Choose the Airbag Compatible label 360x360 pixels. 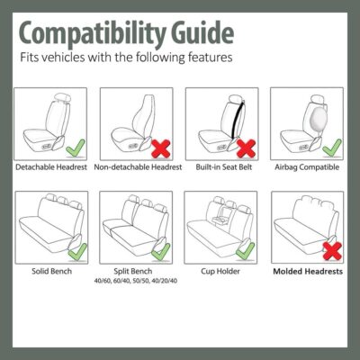click(308, 167)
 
